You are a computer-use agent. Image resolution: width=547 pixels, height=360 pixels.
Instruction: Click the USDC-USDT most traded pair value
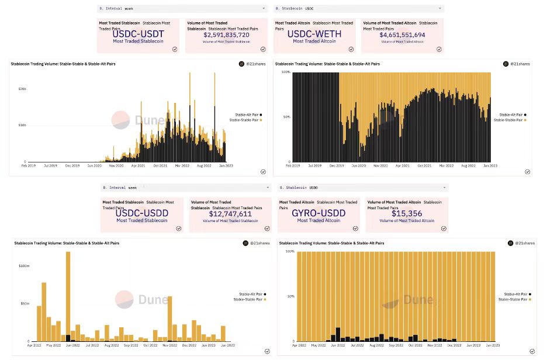(138, 34)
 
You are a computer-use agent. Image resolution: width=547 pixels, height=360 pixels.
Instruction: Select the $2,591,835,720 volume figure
(226, 35)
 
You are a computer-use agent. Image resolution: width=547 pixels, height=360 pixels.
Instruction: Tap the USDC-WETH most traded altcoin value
(314, 34)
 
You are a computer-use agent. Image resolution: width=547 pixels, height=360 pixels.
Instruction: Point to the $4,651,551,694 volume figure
(402, 35)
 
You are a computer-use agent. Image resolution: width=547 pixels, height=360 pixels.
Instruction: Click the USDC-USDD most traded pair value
(141, 213)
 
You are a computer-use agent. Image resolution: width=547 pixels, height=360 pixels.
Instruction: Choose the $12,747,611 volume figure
(230, 214)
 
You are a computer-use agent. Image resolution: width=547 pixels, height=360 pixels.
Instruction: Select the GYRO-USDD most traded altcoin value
(318, 213)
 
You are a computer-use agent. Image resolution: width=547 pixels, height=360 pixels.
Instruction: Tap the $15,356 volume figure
(407, 214)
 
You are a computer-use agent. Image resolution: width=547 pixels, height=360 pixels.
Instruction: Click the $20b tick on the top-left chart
(22, 89)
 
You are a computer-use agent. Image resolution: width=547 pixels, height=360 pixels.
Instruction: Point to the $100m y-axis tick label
(24, 266)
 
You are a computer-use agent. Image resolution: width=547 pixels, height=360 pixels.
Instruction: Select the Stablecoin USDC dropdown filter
(358, 9)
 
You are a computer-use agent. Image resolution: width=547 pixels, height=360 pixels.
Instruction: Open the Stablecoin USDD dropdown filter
(362, 188)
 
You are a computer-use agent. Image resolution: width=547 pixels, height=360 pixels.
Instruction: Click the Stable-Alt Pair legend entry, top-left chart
(245, 115)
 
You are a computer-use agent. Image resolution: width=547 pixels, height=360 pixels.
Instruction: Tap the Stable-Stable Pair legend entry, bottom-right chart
(514, 299)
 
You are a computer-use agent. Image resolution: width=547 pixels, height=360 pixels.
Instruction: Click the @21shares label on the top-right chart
(519, 63)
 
